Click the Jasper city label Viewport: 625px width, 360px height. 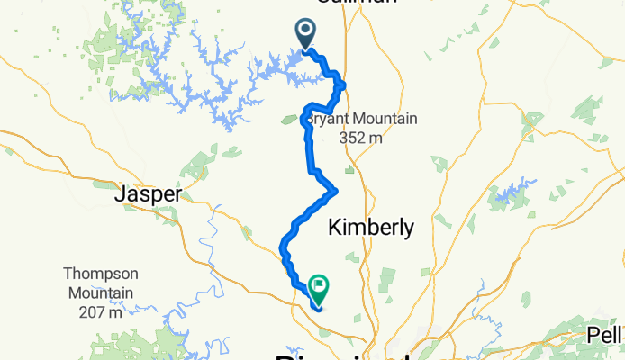pos(149,193)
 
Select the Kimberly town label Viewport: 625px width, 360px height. pos(371,228)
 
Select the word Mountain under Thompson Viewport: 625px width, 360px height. pos(100,292)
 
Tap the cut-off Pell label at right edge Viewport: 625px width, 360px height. pos(606,334)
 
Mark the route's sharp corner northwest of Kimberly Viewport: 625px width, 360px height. pos(336,190)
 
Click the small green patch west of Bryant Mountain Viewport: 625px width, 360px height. pos(292,118)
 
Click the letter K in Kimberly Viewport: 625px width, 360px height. pos(335,228)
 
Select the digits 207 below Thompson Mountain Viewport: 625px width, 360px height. pos(93,312)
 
